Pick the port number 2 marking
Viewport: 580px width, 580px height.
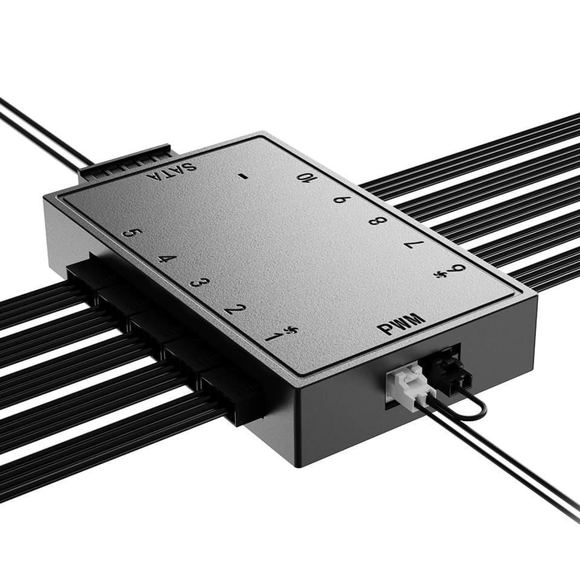[x=237, y=309]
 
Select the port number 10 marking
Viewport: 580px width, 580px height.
[x=307, y=177]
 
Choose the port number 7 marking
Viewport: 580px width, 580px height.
[x=415, y=245]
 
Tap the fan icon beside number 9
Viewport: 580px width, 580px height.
[x=439, y=274]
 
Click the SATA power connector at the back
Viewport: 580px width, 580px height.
[x=124, y=164]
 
